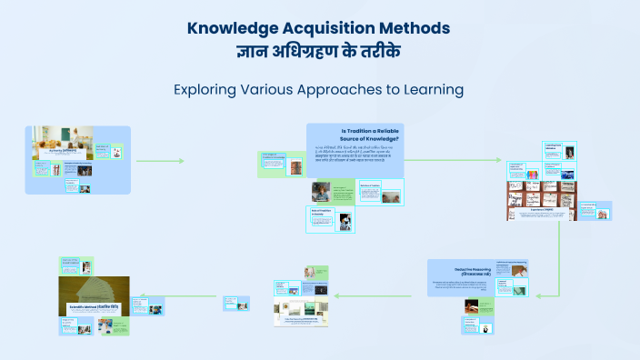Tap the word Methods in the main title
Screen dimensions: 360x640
click(x=418, y=28)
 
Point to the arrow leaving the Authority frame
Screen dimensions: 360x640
click(x=160, y=161)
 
